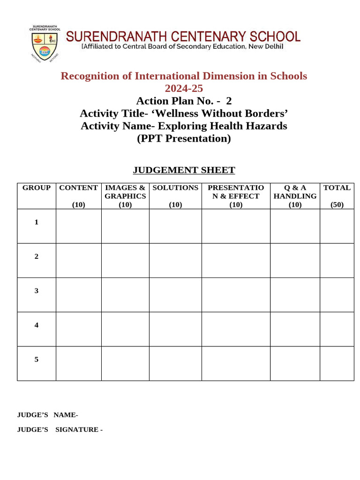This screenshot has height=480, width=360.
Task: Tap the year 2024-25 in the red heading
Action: point(184,88)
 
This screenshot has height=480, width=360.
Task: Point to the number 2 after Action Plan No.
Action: point(229,101)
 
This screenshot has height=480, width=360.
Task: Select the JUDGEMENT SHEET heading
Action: point(184,170)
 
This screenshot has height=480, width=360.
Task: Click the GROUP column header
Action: point(37,188)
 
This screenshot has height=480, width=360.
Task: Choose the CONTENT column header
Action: point(78,188)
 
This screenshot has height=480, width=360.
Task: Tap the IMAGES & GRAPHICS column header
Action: point(125,192)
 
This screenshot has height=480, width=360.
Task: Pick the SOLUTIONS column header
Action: point(175,188)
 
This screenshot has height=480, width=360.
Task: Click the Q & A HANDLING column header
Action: point(295,192)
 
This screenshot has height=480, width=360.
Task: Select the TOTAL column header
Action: point(337,188)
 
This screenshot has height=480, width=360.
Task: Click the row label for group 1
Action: point(37,222)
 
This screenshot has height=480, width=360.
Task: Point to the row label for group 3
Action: point(37,291)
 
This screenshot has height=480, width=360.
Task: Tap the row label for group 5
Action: point(37,360)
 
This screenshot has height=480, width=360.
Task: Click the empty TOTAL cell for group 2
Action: point(337,261)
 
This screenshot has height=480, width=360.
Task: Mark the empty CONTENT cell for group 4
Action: point(78,329)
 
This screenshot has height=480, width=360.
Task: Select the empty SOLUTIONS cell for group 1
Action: point(175,226)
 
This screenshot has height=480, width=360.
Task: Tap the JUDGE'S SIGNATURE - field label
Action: point(60,429)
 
